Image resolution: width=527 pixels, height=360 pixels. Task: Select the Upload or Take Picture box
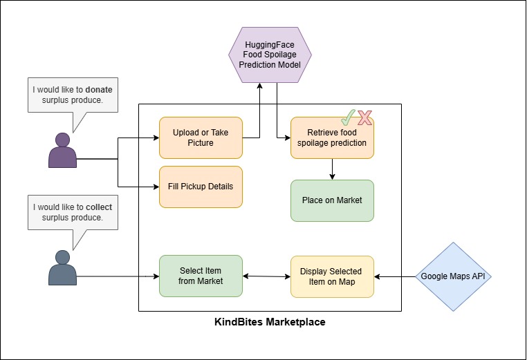[201, 138]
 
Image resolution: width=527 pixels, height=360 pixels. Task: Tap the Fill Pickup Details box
[201, 187]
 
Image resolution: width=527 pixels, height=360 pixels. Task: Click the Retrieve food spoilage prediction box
[332, 138]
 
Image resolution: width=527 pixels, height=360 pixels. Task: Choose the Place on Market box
[332, 200]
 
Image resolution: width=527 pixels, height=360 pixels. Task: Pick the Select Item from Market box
[201, 276]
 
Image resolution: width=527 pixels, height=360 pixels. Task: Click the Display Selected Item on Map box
[332, 276]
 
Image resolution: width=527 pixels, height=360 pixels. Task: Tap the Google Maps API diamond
[453, 276]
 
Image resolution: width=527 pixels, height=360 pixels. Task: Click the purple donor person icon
[62, 150]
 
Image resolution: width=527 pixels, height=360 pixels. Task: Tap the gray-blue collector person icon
[62, 267]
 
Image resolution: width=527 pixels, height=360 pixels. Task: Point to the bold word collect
[98, 207]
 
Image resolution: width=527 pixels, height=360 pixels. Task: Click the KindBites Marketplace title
[270, 322]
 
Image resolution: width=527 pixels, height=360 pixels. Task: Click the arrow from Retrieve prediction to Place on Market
[333, 169]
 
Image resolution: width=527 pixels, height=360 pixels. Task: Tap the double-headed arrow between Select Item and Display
[266, 276]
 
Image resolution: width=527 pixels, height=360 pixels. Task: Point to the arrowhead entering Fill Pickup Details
[155, 187]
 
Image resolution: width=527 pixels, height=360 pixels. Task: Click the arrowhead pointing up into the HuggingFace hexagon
[260, 86]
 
